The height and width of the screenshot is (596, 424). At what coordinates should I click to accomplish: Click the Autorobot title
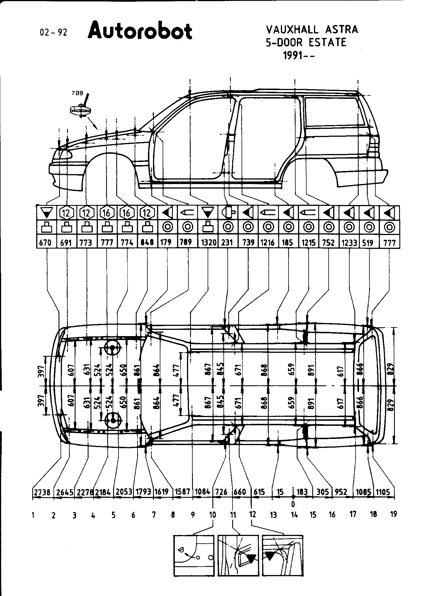140,31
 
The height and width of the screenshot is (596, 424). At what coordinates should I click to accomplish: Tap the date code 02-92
54,33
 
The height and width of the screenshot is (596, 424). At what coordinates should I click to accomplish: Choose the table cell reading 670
46,242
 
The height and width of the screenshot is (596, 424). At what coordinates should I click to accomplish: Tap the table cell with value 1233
349,243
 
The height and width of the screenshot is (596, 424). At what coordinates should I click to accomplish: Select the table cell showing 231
227,242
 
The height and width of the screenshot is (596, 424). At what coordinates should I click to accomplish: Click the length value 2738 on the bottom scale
42,492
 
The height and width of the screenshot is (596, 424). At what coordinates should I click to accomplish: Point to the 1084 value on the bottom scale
202,492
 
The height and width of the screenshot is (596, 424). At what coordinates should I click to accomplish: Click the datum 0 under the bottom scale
293,504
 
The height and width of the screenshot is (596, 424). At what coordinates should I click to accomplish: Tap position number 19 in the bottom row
393,514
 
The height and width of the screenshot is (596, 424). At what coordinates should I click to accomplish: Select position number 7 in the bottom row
154,514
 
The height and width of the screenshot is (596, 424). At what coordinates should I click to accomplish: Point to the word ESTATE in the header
327,43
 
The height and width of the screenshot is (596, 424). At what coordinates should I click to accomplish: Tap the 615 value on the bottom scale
259,492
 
